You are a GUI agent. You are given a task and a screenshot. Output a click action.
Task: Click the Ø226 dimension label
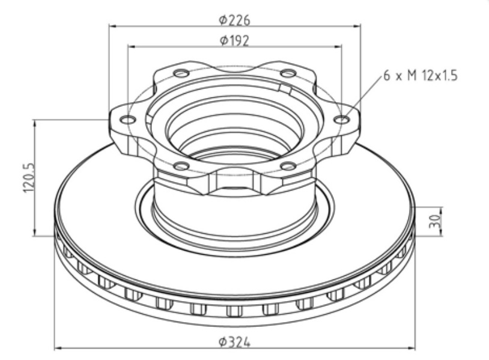point(234,20)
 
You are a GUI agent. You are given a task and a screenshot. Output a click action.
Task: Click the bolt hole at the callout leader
point(341,120)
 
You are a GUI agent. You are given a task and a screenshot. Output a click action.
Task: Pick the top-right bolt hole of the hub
point(288,73)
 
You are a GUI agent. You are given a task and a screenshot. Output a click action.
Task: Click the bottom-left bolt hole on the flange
point(181,166)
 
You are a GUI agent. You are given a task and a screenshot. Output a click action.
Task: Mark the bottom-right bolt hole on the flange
point(288,166)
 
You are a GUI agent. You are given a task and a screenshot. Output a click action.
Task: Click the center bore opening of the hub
point(234,126)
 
